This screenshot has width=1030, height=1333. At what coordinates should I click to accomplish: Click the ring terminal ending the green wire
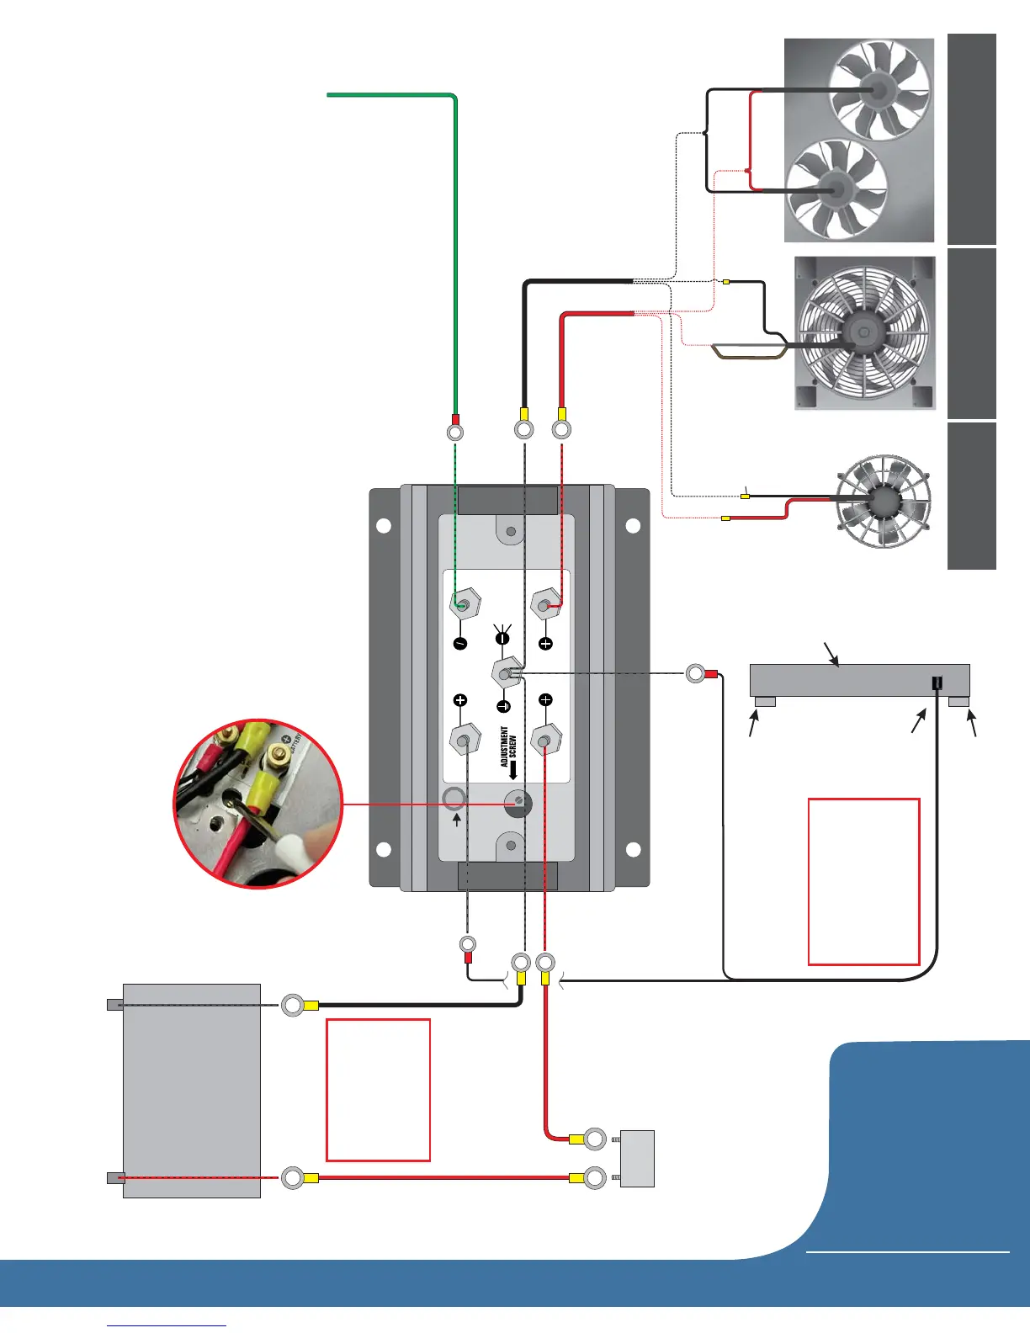point(454,432)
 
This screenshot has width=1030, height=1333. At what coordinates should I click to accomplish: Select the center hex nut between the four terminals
point(504,672)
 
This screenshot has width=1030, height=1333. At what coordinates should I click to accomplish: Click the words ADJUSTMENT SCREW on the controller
point(509,746)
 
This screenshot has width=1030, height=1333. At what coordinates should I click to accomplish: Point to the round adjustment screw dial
point(519,803)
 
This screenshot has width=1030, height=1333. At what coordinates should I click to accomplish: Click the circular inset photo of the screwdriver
point(258,803)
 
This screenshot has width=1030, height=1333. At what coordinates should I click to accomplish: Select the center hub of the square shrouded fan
point(862,333)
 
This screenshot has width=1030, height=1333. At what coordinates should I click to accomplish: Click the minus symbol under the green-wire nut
point(460,644)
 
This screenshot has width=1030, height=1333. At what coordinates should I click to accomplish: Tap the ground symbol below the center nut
point(503,706)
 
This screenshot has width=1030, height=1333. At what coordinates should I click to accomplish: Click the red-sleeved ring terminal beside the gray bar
point(696,673)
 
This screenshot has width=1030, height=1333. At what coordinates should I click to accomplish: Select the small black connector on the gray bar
point(937,683)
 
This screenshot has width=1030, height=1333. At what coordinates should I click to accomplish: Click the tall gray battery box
point(192,1090)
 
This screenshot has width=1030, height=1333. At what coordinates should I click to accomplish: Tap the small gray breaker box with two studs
point(637,1158)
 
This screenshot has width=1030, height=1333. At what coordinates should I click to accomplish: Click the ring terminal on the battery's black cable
point(293,1005)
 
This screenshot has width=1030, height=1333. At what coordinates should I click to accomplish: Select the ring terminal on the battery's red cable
point(293,1177)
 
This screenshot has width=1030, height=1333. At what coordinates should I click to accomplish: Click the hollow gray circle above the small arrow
point(454,798)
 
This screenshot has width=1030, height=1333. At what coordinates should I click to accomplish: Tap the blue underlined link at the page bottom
point(167,1325)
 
